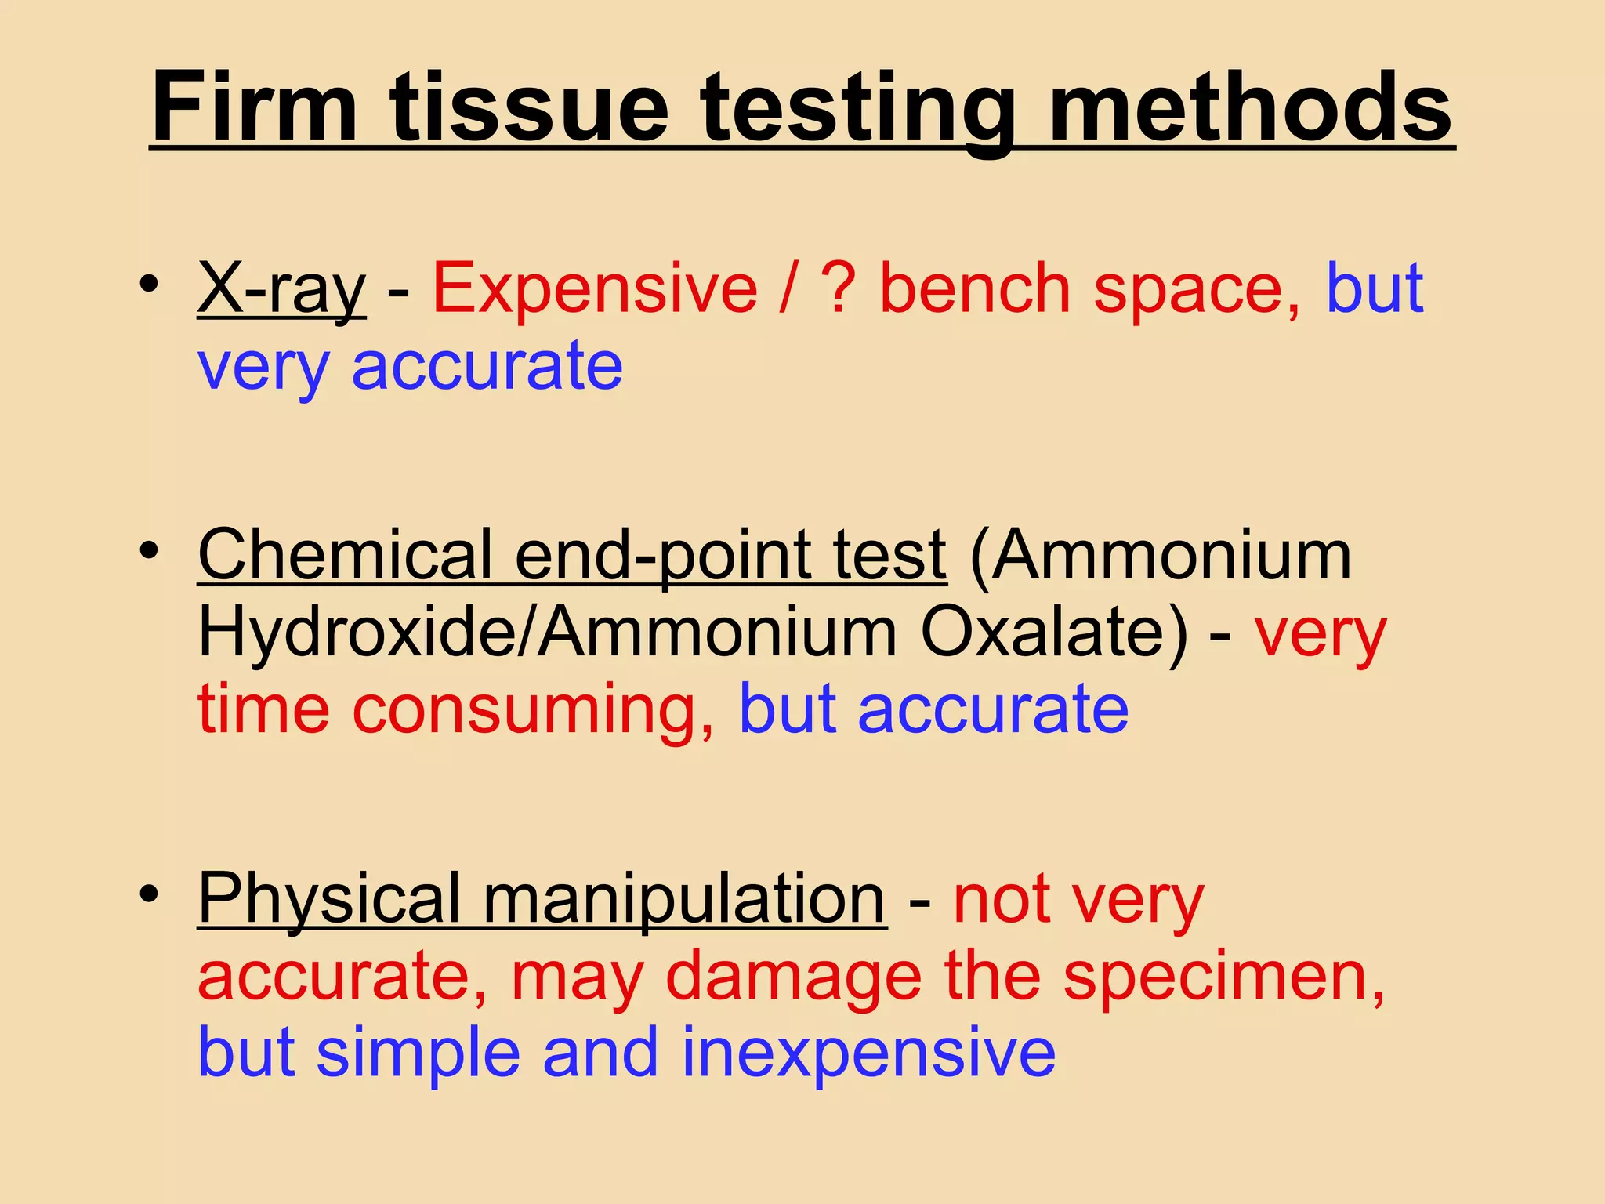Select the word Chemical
tap(345, 555)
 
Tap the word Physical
tap(329, 900)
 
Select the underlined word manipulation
tap(684, 900)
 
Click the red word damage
tap(793, 977)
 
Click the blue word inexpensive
tap(868, 1053)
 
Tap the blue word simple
tap(418, 1053)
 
